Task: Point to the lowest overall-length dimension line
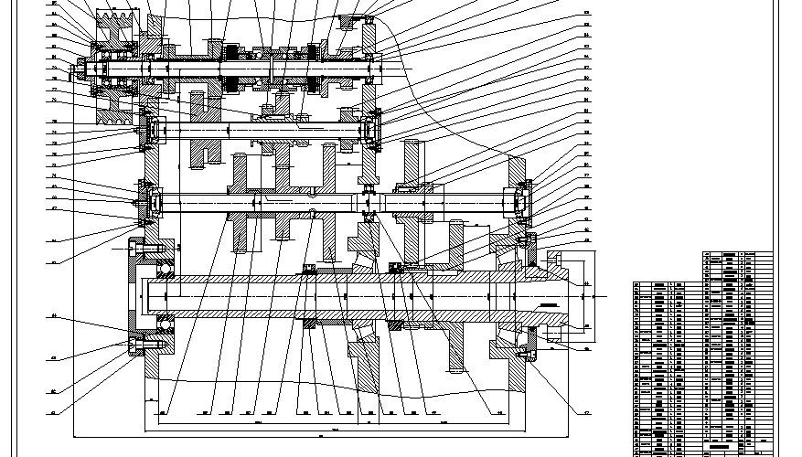tap(338, 438)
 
